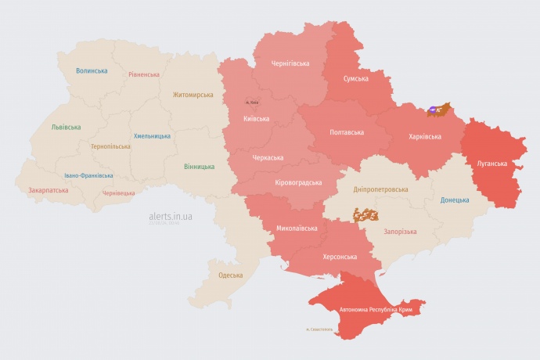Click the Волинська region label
coord(92,70)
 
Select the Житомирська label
coord(193,95)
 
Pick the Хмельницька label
coord(152,135)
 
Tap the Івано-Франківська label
coord(88,175)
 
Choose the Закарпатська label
coord(48,190)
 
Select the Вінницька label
coord(200,167)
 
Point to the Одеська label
coord(230,275)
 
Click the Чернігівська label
coord(290,63)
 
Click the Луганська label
coord(492,164)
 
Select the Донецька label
coord(455,200)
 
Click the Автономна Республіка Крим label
coord(375,310)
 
